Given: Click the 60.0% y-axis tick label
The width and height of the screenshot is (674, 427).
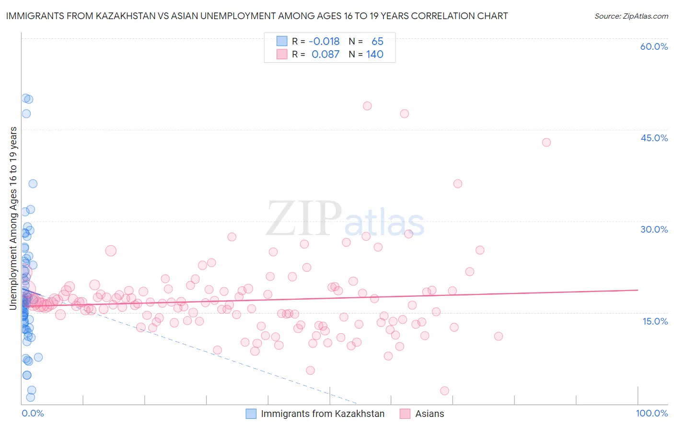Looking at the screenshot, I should click(654, 46).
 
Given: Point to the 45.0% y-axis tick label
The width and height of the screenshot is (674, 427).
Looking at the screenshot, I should click(654, 138).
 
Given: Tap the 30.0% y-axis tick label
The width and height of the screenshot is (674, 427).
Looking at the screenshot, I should click(654, 229).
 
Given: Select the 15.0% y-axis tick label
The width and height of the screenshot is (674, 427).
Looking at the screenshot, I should click(655, 321).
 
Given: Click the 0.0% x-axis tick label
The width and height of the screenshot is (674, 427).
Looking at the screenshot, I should click(33, 413).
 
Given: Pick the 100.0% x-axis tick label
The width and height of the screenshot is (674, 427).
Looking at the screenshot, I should click(651, 413).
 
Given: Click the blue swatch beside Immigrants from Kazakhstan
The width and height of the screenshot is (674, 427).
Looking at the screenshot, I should click(251, 414).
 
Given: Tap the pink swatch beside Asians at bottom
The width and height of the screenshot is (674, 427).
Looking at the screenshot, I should click(405, 414).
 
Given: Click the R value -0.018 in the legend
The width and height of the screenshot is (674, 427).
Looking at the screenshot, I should click(324, 42).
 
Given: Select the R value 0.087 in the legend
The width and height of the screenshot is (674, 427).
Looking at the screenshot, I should click(325, 55).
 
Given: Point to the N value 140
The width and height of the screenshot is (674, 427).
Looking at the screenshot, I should click(375, 55).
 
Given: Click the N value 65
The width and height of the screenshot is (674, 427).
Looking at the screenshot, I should click(377, 42).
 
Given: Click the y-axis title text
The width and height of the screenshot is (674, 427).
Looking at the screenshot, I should click(13, 218).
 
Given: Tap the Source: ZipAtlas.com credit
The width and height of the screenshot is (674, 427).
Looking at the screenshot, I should click(631, 16).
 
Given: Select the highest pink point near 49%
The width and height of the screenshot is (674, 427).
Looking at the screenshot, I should click(367, 106).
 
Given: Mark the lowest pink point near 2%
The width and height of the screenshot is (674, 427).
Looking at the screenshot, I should click(444, 391).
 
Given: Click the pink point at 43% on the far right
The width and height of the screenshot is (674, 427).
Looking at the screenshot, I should click(546, 142).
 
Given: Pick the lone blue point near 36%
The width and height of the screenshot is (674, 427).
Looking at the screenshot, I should click(33, 184).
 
